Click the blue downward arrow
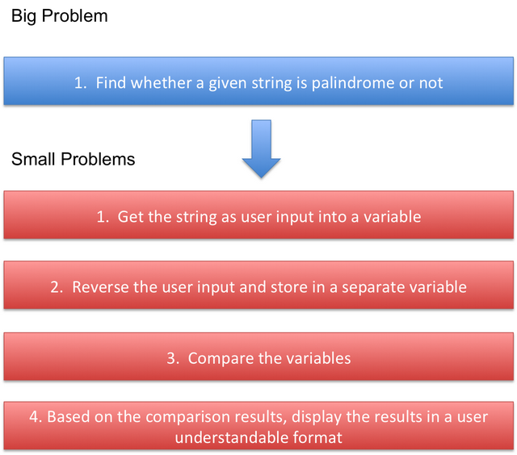click(261, 148)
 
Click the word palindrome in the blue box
click(352, 83)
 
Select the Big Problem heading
click(59, 16)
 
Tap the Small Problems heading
click(74, 160)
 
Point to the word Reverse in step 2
click(100, 287)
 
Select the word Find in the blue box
click(111, 82)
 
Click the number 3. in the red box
click(173, 358)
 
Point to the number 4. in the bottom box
click(36, 417)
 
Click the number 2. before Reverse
click(57, 287)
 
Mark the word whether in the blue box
click(161, 82)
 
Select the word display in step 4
click(317, 417)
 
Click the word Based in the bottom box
click(68, 417)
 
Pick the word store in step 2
click(289, 287)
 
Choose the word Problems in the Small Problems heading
click(98, 160)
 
